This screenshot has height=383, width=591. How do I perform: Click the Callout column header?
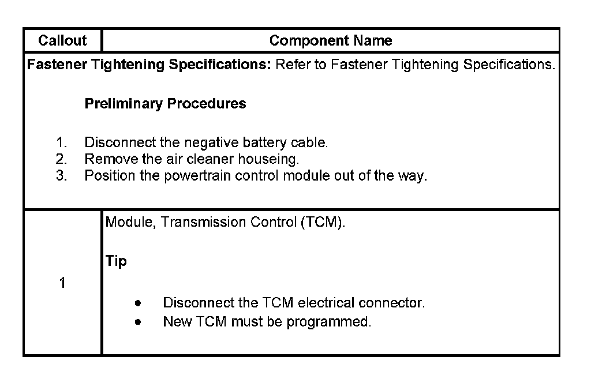coord(62,40)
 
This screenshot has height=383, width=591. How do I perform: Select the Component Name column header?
coord(330,40)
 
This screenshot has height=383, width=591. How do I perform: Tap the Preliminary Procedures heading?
coord(165,104)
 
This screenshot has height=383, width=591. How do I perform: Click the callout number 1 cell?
coord(62,283)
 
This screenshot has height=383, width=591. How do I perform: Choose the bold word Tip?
coord(117,261)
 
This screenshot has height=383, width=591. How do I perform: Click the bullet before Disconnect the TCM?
coord(137,303)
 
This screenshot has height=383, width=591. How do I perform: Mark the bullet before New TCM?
coord(137,322)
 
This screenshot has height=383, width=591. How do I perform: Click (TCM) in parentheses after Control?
coord(323,223)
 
